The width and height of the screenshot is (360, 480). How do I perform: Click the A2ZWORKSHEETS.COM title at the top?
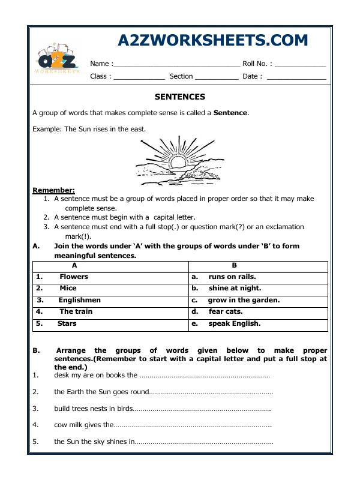[213, 40]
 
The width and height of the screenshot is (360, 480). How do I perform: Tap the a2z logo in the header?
[58, 61]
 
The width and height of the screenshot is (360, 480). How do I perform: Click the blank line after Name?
[176, 64]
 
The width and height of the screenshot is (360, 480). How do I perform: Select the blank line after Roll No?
[301, 64]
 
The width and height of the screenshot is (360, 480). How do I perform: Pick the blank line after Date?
[296, 77]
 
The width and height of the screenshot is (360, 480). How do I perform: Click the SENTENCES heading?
[180, 97]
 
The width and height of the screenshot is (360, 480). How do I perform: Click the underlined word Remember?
[53, 190]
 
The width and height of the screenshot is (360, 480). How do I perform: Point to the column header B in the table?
[235, 265]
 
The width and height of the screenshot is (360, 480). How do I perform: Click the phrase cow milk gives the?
[83, 425]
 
